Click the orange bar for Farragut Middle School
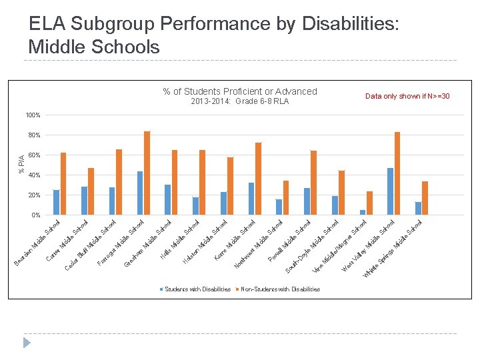pyautogui.click(x=147, y=173)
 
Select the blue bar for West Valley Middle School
pyautogui.click(x=391, y=191)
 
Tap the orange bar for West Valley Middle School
pyautogui.click(x=397, y=173)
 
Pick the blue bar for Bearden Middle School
pyautogui.click(x=57, y=203)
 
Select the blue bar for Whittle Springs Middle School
pyautogui.click(x=419, y=209)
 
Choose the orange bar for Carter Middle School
pyautogui.click(x=91, y=191)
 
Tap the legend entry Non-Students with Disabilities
pyautogui.click(x=280, y=289)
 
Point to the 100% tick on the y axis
pyautogui.click(x=33, y=115)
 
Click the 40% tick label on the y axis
pyautogui.click(x=34, y=175)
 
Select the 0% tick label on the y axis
pyautogui.click(x=35, y=215)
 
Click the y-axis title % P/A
pyautogui.click(x=21, y=164)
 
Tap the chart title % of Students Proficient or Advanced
pyautogui.click(x=240, y=92)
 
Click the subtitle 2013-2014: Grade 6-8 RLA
pyautogui.click(x=240, y=102)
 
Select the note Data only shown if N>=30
pyautogui.click(x=407, y=97)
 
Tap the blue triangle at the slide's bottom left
pyautogui.click(x=27, y=343)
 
